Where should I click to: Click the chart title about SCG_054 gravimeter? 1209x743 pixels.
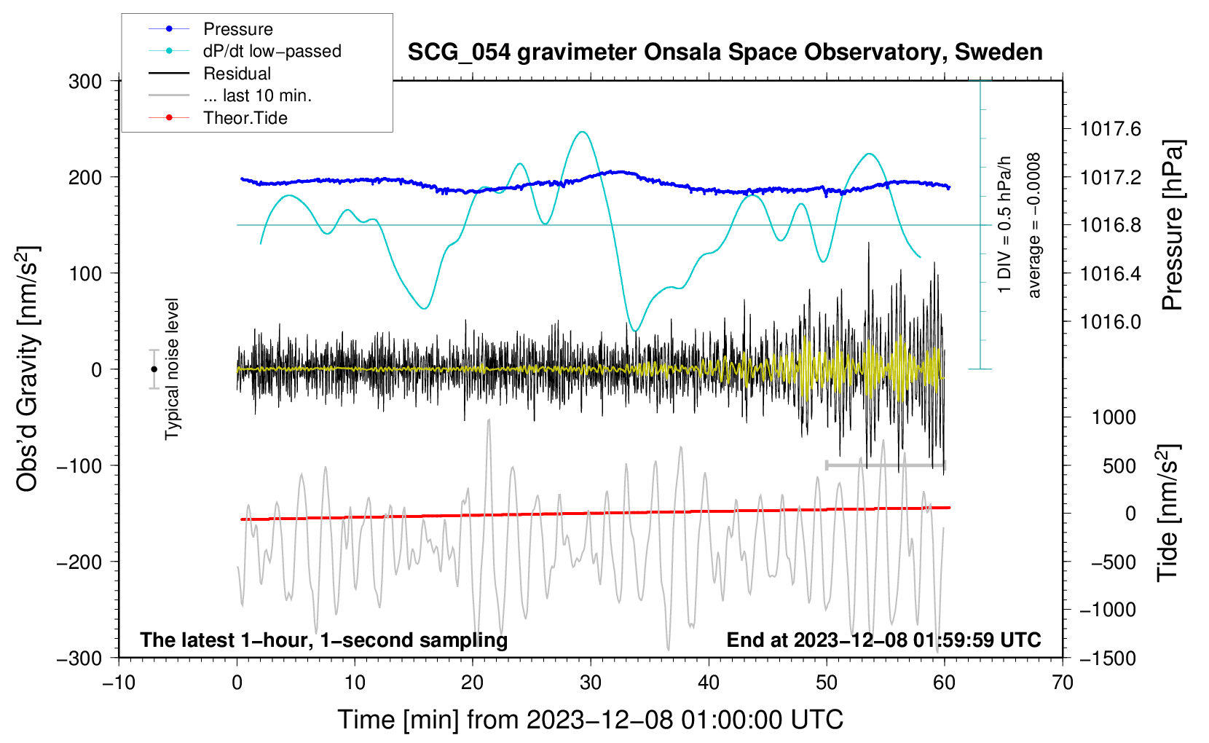(725, 52)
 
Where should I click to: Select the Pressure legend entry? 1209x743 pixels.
(237, 29)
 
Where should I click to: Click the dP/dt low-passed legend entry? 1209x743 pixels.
(272, 51)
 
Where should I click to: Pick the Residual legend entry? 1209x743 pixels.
(237, 74)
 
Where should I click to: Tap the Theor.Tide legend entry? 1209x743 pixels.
(245, 118)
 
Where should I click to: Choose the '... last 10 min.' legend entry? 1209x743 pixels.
(257, 95)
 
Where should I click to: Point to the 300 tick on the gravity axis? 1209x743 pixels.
(85, 81)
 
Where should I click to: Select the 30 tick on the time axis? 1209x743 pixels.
(591, 683)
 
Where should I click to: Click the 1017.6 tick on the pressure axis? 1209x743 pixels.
(1111, 130)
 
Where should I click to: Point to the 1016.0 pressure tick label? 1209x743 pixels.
(1111, 322)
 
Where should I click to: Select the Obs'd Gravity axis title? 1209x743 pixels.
(28, 369)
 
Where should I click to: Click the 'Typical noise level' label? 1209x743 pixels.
(172, 369)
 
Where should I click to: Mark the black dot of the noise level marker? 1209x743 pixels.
(154, 369)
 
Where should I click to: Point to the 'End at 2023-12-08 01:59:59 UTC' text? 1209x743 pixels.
(883, 640)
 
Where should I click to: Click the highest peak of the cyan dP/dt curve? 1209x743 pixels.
(582, 132)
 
